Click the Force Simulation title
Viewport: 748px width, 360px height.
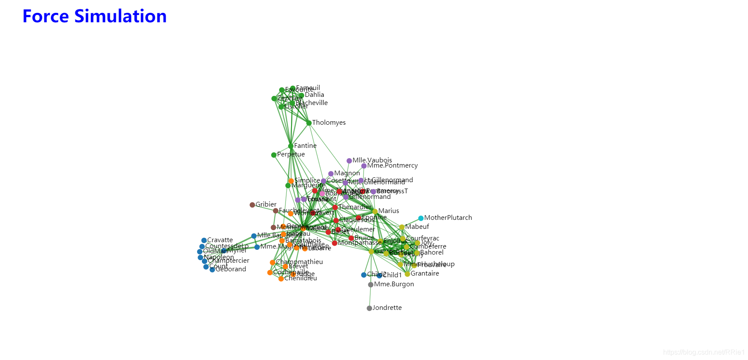[94, 16]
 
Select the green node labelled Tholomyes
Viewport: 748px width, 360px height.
[309, 123]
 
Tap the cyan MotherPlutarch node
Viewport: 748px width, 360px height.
[421, 218]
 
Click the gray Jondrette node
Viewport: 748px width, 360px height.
[369, 308]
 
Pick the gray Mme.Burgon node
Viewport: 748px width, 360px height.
[371, 285]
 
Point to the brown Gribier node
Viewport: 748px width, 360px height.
[252, 205]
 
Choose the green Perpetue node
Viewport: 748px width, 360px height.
[274, 155]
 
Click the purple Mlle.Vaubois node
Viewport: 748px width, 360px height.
[349, 161]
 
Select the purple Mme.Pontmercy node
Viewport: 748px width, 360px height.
[364, 166]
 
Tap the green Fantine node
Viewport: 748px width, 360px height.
[291, 146]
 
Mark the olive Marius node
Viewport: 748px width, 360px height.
[375, 211]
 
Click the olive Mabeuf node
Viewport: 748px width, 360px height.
[402, 227]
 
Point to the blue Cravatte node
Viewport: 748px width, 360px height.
[204, 240]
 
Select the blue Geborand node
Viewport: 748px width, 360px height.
[212, 270]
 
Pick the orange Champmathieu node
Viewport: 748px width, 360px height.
[273, 262]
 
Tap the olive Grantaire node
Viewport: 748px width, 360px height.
[408, 274]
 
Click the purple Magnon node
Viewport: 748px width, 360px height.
[331, 174]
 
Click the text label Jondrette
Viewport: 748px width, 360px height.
[387, 308]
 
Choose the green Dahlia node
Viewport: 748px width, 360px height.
[301, 96]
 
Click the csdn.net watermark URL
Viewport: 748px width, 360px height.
[703, 352]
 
